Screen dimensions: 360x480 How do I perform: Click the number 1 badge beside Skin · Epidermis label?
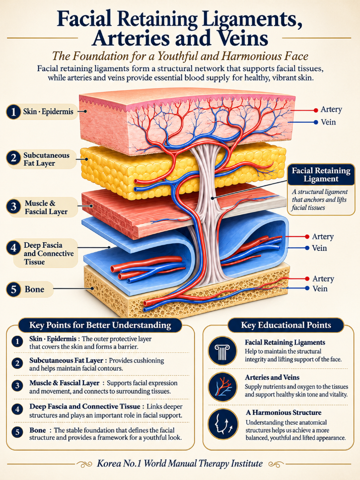[x=13, y=112]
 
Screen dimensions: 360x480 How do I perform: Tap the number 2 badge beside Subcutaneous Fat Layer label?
[x=13, y=158]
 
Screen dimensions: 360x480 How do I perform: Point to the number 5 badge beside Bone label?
[x=14, y=289]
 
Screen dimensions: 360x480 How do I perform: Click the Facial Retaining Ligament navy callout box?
[x=321, y=175]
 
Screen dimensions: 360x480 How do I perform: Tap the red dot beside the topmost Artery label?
[x=316, y=110]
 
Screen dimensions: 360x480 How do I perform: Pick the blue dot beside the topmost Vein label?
[x=316, y=123]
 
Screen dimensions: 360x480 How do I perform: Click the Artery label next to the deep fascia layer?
[x=323, y=237]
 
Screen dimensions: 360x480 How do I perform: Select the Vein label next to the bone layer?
[x=320, y=288]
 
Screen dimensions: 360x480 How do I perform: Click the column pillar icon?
[x=222, y=351]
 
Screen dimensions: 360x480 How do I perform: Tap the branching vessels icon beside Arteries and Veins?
[x=222, y=387]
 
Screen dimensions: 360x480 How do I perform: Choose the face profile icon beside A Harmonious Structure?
[x=222, y=424]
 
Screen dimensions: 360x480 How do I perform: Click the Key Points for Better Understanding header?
[x=100, y=325]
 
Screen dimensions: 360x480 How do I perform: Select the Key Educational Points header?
[x=286, y=325]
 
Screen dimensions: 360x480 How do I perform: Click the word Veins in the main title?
[x=243, y=39]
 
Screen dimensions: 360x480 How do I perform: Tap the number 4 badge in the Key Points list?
[x=17, y=410]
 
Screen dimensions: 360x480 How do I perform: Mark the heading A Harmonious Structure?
[x=284, y=412]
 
